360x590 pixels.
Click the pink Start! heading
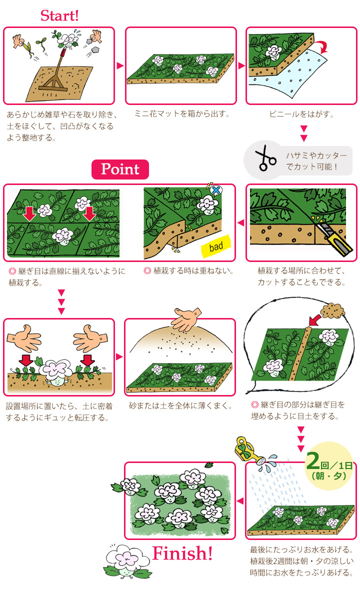point(59,15)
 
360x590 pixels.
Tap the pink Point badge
point(120,169)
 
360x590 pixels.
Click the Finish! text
point(182,553)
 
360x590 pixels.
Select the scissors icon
point(265,158)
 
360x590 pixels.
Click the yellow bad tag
point(216,246)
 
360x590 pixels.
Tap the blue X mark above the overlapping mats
point(216,190)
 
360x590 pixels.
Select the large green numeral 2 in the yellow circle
point(313,460)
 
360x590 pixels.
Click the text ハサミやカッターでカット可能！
point(316,161)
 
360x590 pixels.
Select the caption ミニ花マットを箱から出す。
point(181,114)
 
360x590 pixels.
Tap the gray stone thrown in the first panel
point(95,49)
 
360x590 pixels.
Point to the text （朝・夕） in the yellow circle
point(329,476)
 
